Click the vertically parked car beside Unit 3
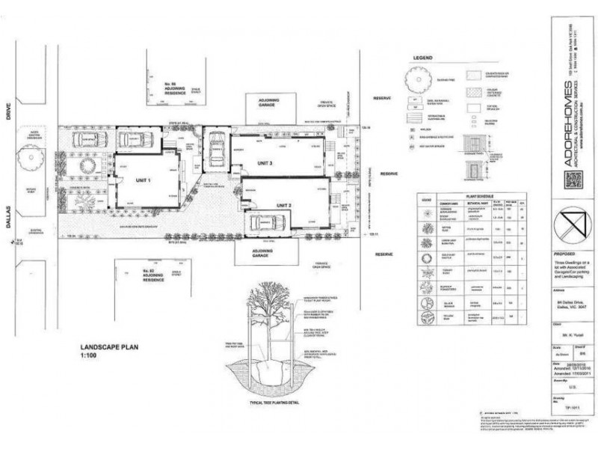pos(215,150)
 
